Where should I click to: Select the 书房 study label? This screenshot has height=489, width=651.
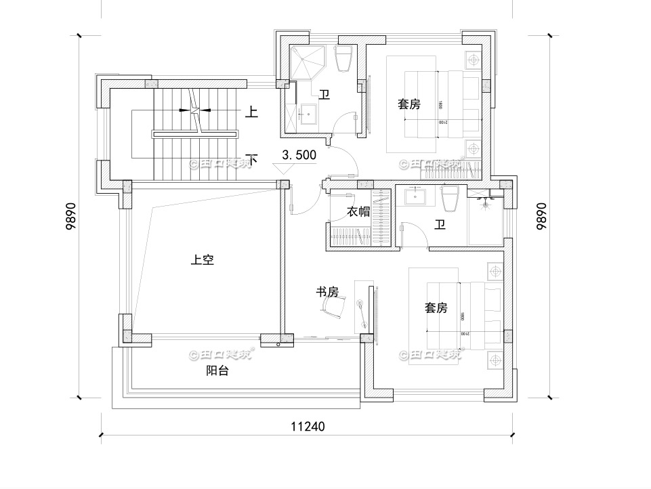(327, 292)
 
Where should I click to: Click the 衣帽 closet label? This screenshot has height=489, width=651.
(358, 211)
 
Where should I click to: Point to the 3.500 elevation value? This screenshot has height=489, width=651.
(299, 155)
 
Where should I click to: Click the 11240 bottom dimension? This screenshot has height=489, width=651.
(308, 427)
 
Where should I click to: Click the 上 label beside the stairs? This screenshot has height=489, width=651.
(251, 112)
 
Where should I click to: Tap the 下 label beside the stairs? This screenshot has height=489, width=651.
(251, 160)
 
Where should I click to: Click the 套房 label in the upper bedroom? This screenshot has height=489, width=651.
(408, 104)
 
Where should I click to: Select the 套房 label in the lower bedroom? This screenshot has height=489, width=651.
(436, 308)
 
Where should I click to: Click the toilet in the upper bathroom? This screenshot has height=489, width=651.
(343, 59)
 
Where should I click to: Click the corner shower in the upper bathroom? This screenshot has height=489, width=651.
(309, 64)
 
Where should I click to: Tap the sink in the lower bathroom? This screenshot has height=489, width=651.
(414, 197)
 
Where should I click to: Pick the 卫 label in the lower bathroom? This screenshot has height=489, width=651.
(440, 225)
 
